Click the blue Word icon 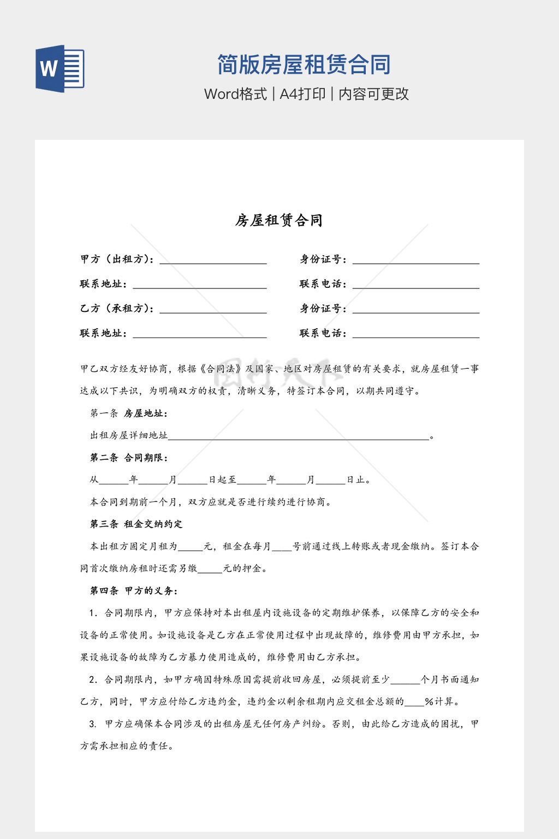click(60, 69)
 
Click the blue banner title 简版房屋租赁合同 click(304, 65)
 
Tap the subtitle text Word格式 click(235, 94)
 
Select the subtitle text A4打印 click(302, 94)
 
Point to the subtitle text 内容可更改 click(374, 94)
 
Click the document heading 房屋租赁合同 click(279, 220)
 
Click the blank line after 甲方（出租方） click(213, 261)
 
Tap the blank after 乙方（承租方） click(213, 310)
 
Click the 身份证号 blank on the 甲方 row click(415, 261)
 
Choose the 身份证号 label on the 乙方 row click(323, 309)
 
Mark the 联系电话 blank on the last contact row click(415, 334)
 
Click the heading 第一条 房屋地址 click(129, 413)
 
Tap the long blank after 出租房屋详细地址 click(299, 436)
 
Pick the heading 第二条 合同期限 click(129, 458)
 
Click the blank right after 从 click(114, 481)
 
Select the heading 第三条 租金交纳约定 click(136, 524)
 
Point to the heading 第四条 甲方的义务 click(134, 590)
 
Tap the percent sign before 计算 click(429, 702)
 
